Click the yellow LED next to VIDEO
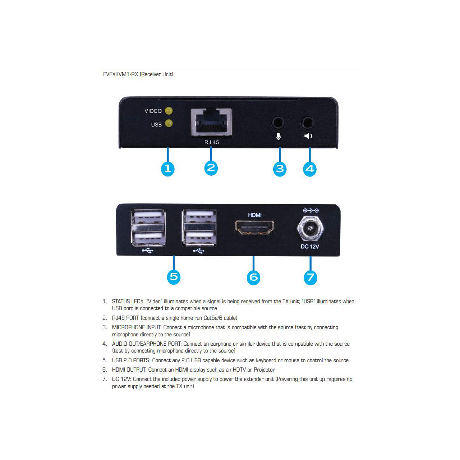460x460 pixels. click(169, 111)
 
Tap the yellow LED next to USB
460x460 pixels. click(169, 123)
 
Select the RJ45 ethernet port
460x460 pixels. click(211, 123)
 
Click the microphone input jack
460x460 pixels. click(278, 123)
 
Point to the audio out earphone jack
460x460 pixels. click(308, 123)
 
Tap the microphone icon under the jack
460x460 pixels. click(278, 137)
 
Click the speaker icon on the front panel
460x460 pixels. click(308, 136)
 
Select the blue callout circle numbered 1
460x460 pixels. click(167, 169)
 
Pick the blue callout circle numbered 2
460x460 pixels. click(211, 168)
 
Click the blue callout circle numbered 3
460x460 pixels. click(280, 169)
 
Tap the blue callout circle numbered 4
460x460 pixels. click(310, 169)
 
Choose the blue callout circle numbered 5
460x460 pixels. click(174, 277)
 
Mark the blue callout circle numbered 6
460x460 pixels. click(253, 277)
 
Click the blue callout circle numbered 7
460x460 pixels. click(310, 277)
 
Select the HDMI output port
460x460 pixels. click(254, 227)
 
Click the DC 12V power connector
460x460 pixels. click(310, 229)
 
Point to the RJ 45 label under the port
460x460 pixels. click(212, 142)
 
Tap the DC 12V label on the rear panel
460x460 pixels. click(310, 247)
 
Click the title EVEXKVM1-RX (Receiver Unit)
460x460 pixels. click(138, 74)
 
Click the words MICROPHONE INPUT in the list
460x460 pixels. click(137, 327)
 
